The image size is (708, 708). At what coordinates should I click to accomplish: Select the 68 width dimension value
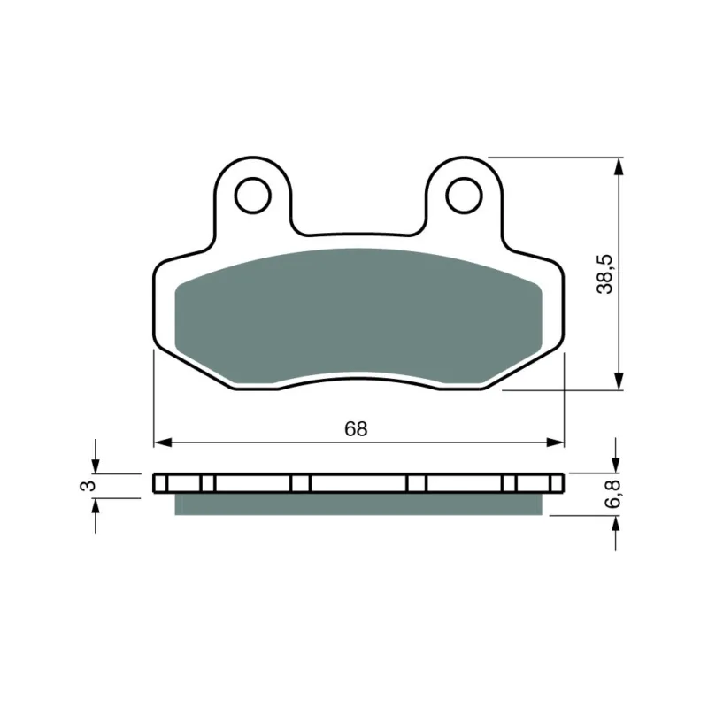click(356, 429)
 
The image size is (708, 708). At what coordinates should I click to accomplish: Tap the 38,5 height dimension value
click(605, 274)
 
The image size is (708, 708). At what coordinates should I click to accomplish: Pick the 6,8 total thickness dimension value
click(612, 494)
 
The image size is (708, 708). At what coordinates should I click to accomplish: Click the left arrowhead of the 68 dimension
click(163, 442)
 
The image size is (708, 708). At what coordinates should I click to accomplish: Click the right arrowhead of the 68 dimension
click(556, 442)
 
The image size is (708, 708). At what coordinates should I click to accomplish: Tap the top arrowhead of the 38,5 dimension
click(619, 166)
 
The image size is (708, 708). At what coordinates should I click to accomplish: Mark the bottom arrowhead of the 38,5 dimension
click(619, 381)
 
